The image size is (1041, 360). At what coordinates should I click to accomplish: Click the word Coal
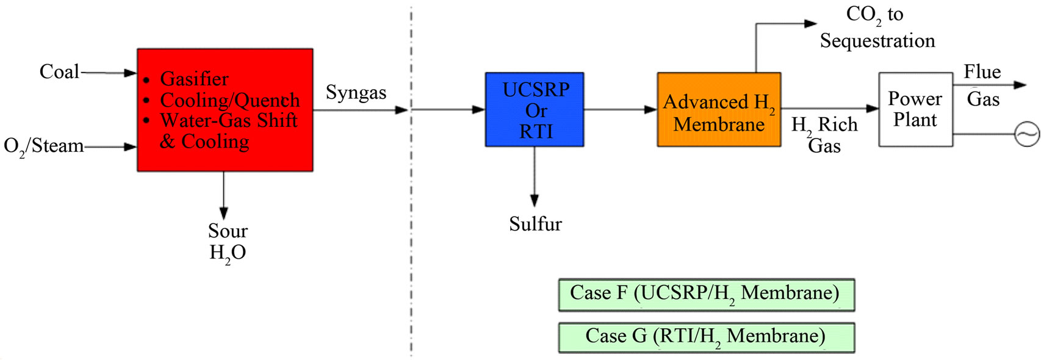(x=59, y=72)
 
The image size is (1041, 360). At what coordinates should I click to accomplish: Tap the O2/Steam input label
(x=44, y=147)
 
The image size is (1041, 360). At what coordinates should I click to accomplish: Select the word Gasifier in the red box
(x=194, y=79)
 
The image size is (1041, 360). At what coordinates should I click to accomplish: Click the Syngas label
(x=356, y=93)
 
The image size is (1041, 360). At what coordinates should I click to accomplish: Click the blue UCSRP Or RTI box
(x=535, y=110)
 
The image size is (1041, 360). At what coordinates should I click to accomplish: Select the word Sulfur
(x=535, y=225)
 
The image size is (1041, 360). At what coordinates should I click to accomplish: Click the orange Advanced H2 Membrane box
(x=719, y=110)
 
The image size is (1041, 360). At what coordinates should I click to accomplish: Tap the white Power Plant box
(x=915, y=110)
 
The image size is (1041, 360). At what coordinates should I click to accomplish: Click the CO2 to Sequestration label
(x=877, y=28)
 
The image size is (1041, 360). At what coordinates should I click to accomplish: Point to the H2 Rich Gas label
(x=824, y=135)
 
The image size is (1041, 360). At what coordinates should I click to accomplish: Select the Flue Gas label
(x=983, y=85)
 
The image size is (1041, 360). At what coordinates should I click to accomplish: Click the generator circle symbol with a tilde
(x=1026, y=134)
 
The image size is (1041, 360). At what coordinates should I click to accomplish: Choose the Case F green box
(x=707, y=295)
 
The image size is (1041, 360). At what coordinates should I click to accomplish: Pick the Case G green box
(x=707, y=337)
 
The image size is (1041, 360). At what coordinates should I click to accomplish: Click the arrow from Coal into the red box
(x=108, y=73)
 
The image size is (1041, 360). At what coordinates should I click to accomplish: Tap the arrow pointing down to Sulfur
(x=535, y=176)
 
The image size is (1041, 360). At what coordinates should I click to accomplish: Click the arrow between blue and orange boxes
(x=621, y=110)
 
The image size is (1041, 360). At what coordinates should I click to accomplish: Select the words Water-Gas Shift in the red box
(x=229, y=121)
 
